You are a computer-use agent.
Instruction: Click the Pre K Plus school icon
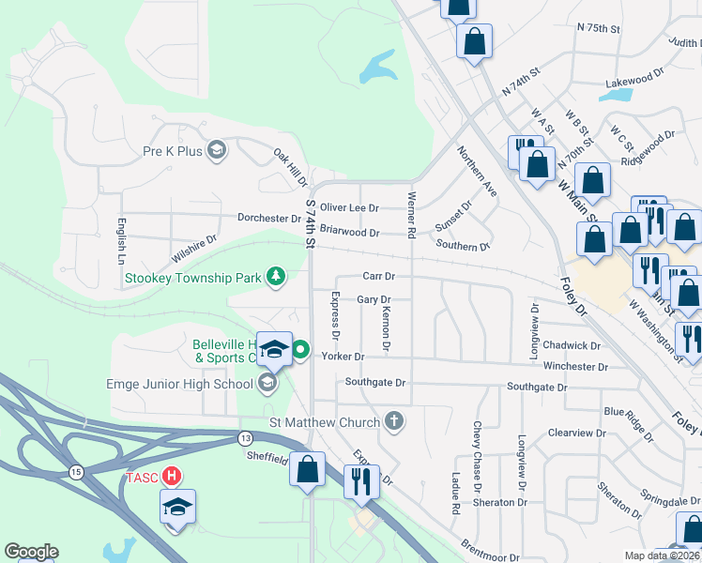(217, 150)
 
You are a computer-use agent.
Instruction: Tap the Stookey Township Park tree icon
(276, 276)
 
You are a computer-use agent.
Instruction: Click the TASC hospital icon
(172, 476)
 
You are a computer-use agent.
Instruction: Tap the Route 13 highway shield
(245, 437)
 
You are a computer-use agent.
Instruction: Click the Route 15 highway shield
(76, 470)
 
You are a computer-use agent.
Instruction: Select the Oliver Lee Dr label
(349, 207)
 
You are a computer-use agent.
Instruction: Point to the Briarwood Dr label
(349, 232)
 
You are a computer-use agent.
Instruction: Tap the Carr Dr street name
(378, 277)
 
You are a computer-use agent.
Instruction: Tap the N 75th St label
(600, 29)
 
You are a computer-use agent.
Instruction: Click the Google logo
(31, 552)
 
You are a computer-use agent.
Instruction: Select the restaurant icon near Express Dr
(359, 481)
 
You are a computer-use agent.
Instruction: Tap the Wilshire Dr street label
(193, 249)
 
